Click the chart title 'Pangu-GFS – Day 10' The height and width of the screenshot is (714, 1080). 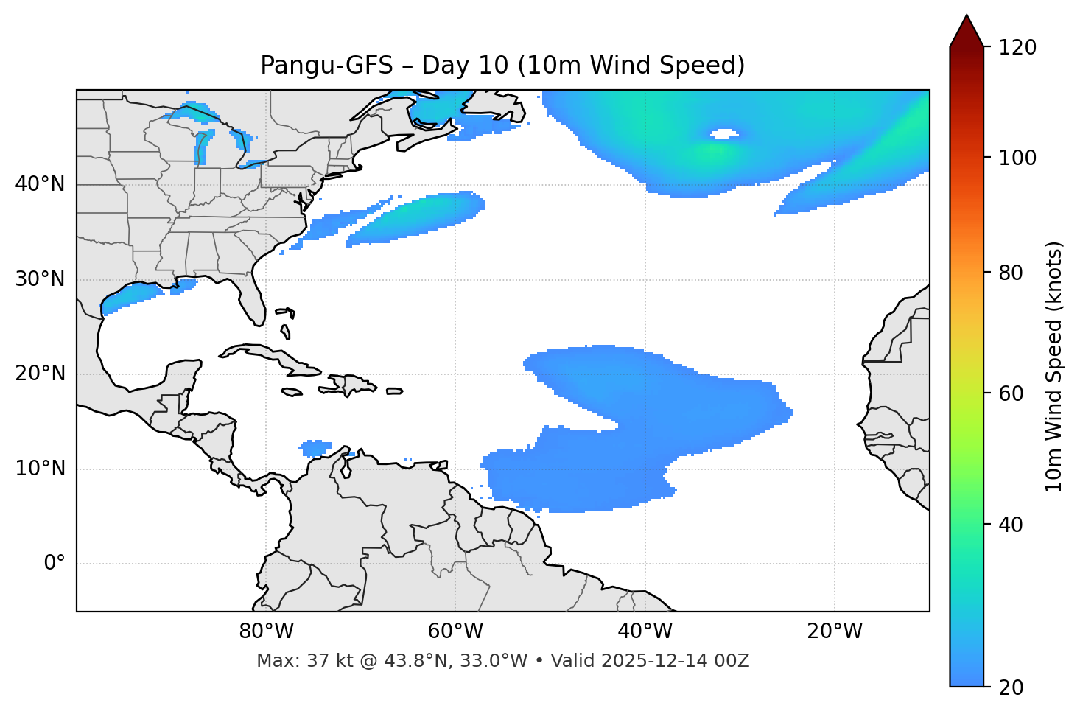coord(502,66)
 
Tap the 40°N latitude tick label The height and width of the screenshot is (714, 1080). coord(40,184)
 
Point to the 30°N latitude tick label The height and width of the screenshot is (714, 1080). coord(40,279)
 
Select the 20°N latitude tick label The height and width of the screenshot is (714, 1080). coord(40,374)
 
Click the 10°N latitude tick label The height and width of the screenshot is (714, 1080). coord(40,469)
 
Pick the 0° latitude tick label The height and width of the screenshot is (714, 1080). coord(55,564)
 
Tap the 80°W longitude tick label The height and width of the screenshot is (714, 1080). coord(266,631)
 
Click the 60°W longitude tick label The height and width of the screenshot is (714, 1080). coord(455,631)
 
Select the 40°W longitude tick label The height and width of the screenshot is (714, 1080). coord(645,631)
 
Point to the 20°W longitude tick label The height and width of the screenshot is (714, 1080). coord(835,631)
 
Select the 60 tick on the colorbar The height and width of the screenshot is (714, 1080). coord(1011,393)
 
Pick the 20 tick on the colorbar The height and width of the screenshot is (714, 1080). coord(1011,687)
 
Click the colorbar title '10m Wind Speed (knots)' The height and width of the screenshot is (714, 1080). coord(1054,367)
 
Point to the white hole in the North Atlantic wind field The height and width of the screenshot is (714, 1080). coord(724,133)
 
